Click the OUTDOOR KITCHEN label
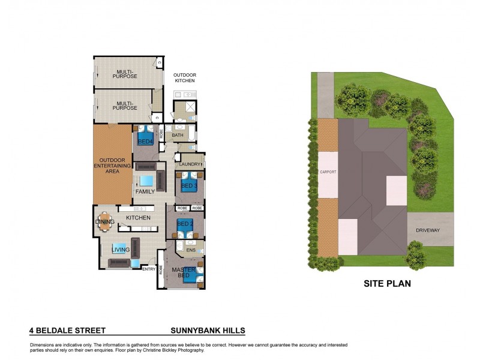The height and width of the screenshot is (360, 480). click(185, 77)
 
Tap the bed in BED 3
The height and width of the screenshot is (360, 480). click(190, 182)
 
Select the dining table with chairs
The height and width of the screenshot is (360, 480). click(105, 221)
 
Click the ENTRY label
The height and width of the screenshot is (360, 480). click(149, 269)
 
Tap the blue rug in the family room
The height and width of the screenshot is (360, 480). click(147, 181)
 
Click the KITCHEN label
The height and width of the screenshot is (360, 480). click(138, 217)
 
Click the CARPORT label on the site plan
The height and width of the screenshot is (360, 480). click(328, 172)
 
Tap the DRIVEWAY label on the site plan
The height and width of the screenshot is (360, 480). click(428, 230)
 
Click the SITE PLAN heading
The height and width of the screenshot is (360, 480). click(387, 284)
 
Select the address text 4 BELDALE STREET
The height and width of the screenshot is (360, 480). click(67, 331)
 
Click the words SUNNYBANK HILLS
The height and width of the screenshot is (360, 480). click(208, 331)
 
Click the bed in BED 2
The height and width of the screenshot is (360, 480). click(185, 227)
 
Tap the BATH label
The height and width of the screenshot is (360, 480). click(178, 135)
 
